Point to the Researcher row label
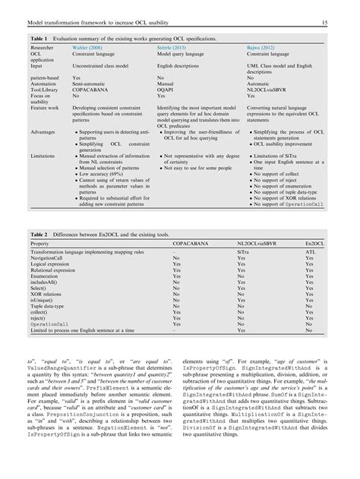point(43,46)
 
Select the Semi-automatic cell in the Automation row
point(88,83)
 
